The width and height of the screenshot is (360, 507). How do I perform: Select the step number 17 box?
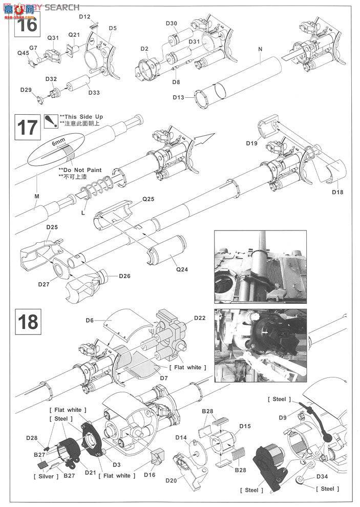pyautogui.click(x=27, y=126)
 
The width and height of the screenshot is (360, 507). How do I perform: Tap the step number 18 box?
pyautogui.click(x=27, y=322)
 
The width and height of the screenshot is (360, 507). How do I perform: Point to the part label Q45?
pyautogui.click(x=24, y=53)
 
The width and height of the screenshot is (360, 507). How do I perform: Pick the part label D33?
pyautogui.click(x=94, y=92)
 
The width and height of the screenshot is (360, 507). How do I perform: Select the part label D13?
pyautogui.click(x=179, y=97)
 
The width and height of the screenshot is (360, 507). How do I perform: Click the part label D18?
pyautogui.click(x=337, y=193)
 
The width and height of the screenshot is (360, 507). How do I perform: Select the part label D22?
pyautogui.click(x=200, y=318)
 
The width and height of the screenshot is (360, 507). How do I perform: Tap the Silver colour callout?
pyautogui.click(x=48, y=476)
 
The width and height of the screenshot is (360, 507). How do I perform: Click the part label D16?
pyautogui.click(x=150, y=475)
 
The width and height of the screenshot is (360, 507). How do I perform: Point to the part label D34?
pyautogui.click(x=322, y=477)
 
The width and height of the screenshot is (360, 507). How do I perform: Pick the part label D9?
pyautogui.click(x=283, y=417)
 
